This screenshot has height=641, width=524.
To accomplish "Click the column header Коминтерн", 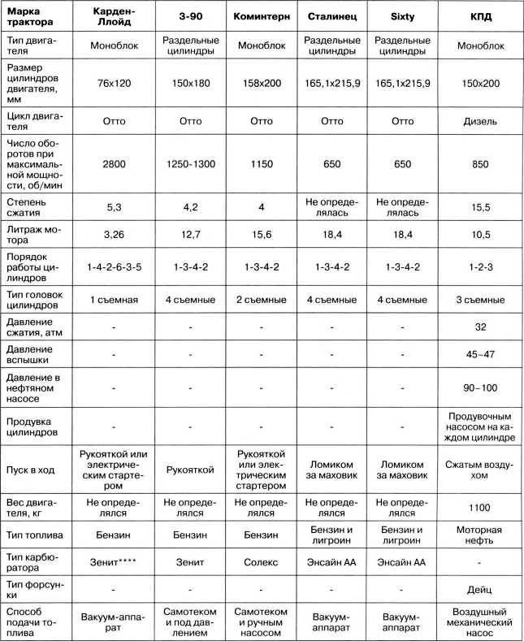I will (x=261, y=15).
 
